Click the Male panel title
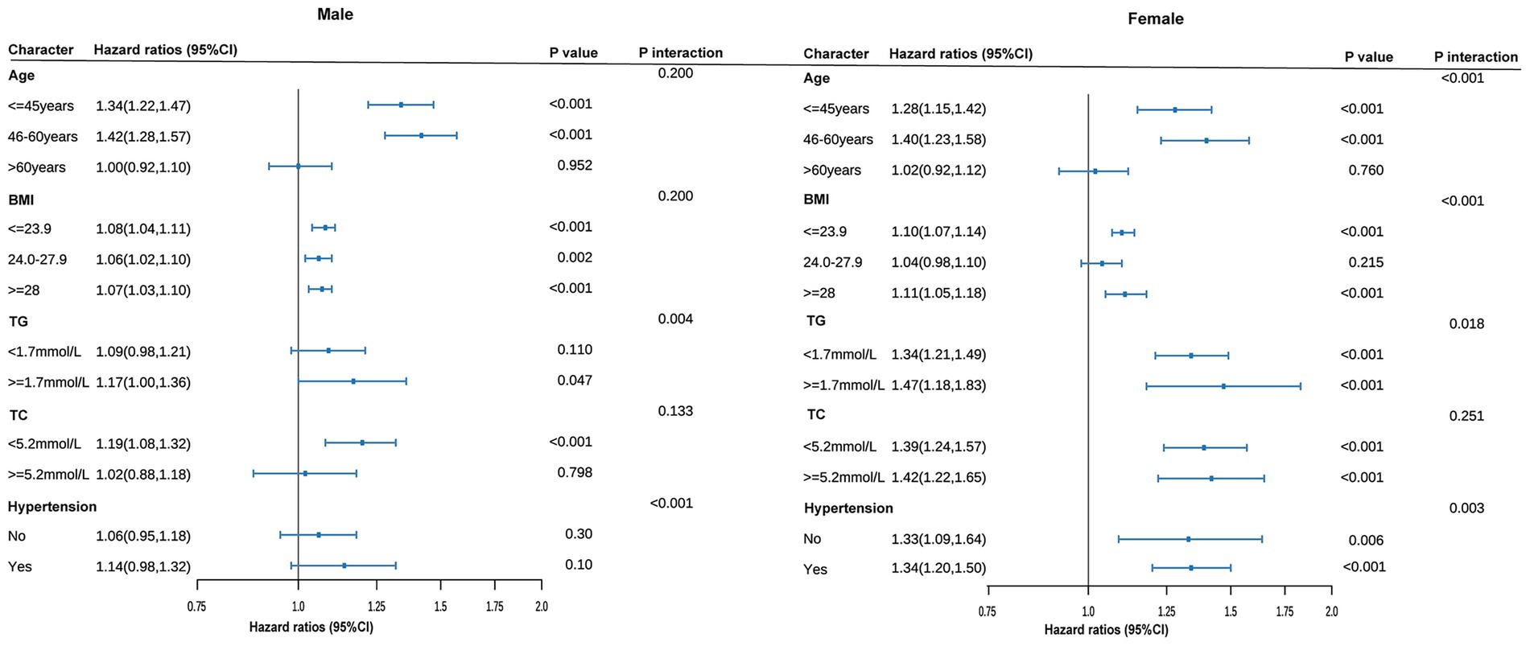pos(335,14)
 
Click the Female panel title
pos(1156,19)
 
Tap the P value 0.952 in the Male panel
pos(575,166)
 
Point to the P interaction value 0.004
pos(675,319)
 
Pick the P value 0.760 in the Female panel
pos(1366,171)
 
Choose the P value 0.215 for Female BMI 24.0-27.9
pos(1366,262)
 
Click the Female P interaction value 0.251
pos(1466,417)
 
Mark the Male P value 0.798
pos(575,473)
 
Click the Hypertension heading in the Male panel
pos(52,507)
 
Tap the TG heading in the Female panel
pos(815,321)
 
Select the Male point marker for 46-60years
pos(421,136)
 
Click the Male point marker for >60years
pos(298,167)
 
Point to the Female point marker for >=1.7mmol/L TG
pos(1223,386)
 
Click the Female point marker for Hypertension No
pos(1188,539)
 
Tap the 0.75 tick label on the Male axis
pos(196,607)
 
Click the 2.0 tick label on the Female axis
pos(1332,612)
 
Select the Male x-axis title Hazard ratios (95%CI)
pos(311,627)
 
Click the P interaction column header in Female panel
pos(1476,57)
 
